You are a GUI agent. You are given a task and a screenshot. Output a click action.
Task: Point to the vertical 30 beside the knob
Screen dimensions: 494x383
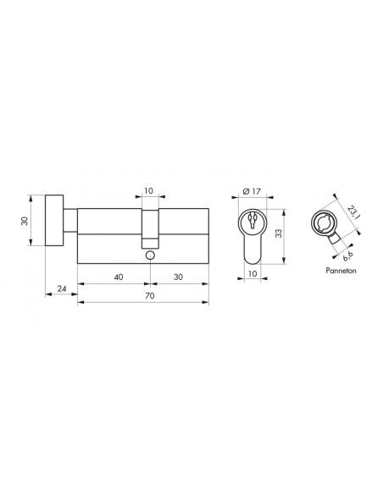[x=25, y=220]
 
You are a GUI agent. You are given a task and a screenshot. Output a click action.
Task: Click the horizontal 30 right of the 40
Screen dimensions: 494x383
[x=178, y=277]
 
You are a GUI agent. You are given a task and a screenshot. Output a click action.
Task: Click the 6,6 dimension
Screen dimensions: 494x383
[x=347, y=252]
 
